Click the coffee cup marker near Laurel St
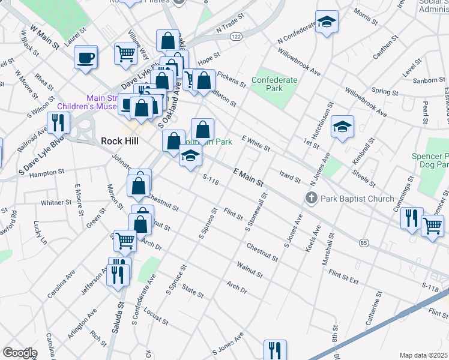pyautogui.click(x=86, y=58)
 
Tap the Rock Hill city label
pyautogui.click(x=119, y=141)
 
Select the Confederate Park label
pyautogui.click(x=274, y=84)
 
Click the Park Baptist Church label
pyautogui.click(x=357, y=198)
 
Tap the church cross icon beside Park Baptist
pyautogui.click(x=310, y=198)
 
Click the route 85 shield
pyautogui.click(x=364, y=242)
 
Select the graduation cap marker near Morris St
pyautogui.click(x=326, y=23)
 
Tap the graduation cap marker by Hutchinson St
pyautogui.click(x=342, y=127)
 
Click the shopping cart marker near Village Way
pyautogui.click(x=126, y=53)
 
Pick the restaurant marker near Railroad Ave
pyautogui.click(x=58, y=122)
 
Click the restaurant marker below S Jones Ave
pyautogui.click(x=275, y=350)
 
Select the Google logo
pyautogui.click(x=20, y=353)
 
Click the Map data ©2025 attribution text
pyautogui.click(x=424, y=355)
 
